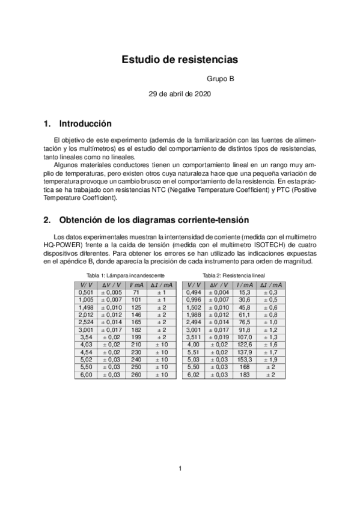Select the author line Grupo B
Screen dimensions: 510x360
pyautogui.click(x=221, y=79)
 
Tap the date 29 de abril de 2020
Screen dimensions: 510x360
pyautogui.click(x=180, y=94)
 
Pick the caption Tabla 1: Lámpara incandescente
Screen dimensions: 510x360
pyautogui.click(x=126, y=275)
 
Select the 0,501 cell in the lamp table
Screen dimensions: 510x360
pyautogui.click(x=86, y=292)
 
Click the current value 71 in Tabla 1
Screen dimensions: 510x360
pyautogui.click(x=136, y=292)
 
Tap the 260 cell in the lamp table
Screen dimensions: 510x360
pyautogui.click(x=136, y=375)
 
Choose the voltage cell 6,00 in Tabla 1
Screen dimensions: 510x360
pyautogui.click(x=86, y=375)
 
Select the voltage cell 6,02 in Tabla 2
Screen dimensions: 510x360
pyautogui.click(x=194, y=375)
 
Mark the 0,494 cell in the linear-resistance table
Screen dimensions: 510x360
pyautogui.click(x=194, y=292)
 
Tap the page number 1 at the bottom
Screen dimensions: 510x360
pyautogui.click(x=180, y=469)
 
